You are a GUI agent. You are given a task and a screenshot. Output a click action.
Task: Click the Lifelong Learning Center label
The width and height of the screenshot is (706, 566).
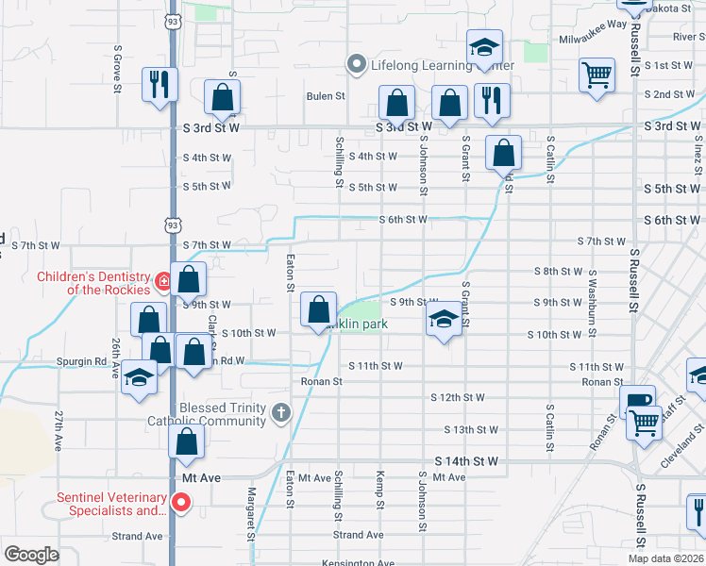pyautogui.click(x=442, y=65)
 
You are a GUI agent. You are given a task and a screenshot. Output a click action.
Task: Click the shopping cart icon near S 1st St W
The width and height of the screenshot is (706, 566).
pyautogui.click(x=597, y=75)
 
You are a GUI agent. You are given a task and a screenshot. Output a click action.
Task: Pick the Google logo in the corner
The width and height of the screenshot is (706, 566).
pyautogui.click(x=31, y=555)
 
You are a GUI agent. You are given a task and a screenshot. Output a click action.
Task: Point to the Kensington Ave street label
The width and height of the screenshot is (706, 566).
pyautogui.click(x=359, y=562)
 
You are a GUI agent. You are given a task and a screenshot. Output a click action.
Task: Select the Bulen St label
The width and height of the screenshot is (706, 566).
pyautogui.click(x=326, y=96)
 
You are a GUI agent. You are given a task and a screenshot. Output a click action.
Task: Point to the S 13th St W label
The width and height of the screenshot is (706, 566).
pyautogui.click(x=471, y=429)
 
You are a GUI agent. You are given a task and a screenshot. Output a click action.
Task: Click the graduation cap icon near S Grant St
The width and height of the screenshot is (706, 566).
pyautogui.click(x=442, y=322)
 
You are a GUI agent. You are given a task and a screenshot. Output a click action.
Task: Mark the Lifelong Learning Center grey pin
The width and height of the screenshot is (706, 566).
pyautogui.click(x=356, y=64)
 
